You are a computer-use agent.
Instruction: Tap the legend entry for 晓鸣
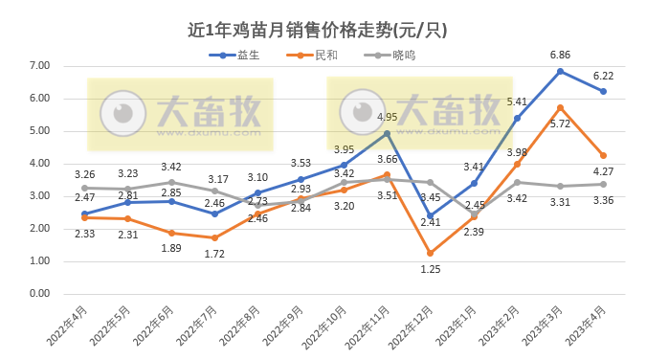392,55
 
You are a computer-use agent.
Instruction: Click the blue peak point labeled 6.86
560,71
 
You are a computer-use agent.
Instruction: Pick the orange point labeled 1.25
431,253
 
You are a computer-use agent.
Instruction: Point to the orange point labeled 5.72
560,108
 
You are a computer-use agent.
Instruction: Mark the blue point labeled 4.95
388,133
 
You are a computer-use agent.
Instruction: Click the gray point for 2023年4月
603,185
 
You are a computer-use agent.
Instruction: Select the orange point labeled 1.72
214,237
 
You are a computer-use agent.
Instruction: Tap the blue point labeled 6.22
603,92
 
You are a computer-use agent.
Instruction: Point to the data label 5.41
517,101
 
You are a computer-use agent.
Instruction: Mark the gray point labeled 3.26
85,188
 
